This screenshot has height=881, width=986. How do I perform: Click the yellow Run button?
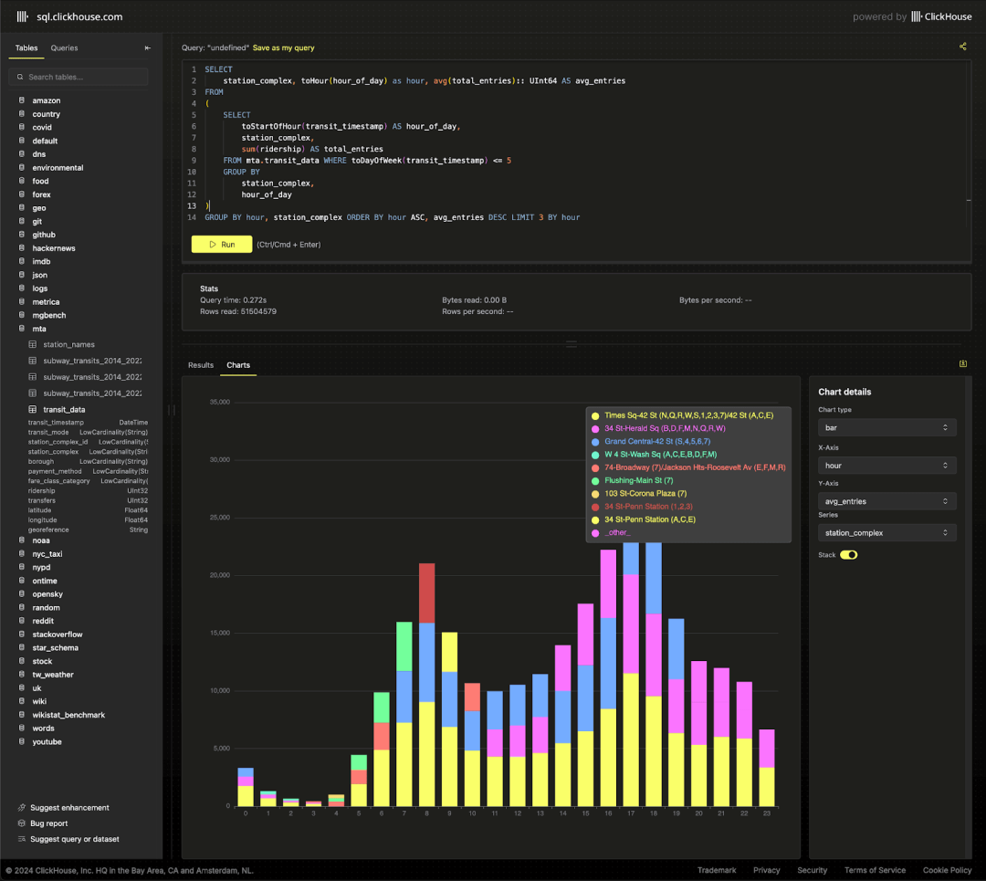click(221, 245)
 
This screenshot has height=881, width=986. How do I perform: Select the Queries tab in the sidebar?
click(64, 47)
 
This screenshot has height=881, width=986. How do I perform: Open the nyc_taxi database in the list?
click(47, 554)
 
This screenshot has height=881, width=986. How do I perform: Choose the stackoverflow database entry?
click(58, 635)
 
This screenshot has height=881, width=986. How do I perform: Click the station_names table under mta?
click(68, 344)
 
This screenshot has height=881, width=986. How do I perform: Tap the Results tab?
click(201, 365)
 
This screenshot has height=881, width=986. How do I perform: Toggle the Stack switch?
click(849, 554)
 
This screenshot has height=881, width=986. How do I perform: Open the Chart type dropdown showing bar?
click(886, 427)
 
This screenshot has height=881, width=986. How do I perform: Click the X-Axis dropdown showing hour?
click(886, 466)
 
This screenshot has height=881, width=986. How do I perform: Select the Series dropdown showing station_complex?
click(886, 532)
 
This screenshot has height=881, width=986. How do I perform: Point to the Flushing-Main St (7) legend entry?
click(638, 480)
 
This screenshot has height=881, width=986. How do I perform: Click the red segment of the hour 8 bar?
click(427, 593)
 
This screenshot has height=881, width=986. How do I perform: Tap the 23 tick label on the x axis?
click(767, 813)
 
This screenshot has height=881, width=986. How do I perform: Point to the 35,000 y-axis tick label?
click(218, 402)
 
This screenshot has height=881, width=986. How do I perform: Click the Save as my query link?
click(283, 47)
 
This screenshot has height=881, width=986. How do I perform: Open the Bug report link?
click(48, 823)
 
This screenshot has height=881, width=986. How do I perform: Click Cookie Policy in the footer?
click(947, 870)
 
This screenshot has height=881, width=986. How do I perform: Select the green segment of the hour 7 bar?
click(404, 646)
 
